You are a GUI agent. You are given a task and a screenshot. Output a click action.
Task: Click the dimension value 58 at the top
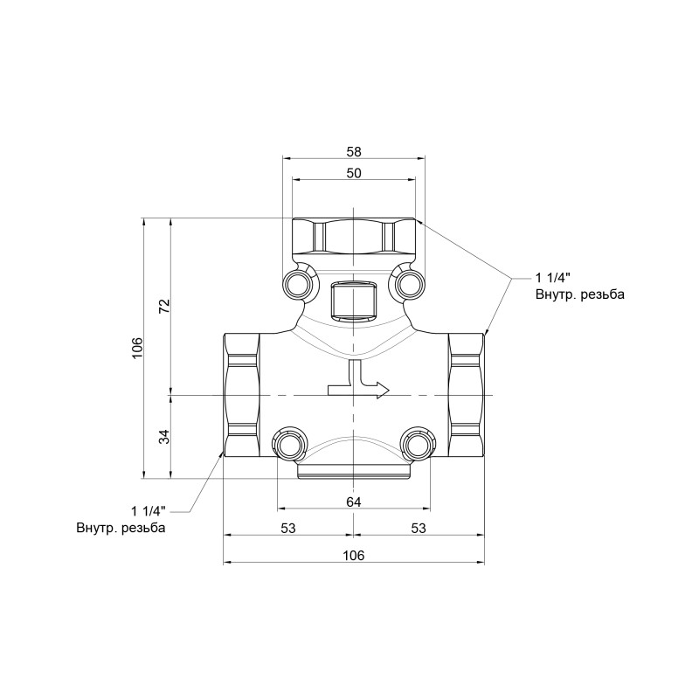point(353,151)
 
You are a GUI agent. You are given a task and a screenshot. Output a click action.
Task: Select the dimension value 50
point(353,173)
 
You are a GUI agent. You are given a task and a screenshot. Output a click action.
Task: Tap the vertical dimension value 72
point(163,306)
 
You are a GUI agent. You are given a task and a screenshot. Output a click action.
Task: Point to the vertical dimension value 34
point(163,437)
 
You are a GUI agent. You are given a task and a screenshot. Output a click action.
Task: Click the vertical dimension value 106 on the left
point(136,348)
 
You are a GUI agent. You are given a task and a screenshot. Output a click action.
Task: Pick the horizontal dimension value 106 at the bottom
point(353,556)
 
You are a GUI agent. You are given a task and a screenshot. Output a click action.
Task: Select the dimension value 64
point(353,502)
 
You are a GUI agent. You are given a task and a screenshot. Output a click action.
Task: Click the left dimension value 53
point(288,528)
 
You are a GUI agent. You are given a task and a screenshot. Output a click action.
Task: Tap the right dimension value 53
point(418,528)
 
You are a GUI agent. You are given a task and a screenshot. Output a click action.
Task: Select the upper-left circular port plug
point(297,284)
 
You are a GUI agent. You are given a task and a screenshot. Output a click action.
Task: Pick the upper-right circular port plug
point(409,284)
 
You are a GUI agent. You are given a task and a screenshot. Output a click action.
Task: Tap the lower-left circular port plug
point(288,444)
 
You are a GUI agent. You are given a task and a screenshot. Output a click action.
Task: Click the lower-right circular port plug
point(418,444)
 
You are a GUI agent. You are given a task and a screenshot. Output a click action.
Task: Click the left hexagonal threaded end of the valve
point(241,396)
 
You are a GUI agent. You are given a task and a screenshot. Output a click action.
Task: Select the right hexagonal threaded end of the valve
point(466,396)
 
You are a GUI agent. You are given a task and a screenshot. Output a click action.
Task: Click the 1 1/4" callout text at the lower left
point(149,510)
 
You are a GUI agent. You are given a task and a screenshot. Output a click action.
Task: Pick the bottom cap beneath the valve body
point(353,472)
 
